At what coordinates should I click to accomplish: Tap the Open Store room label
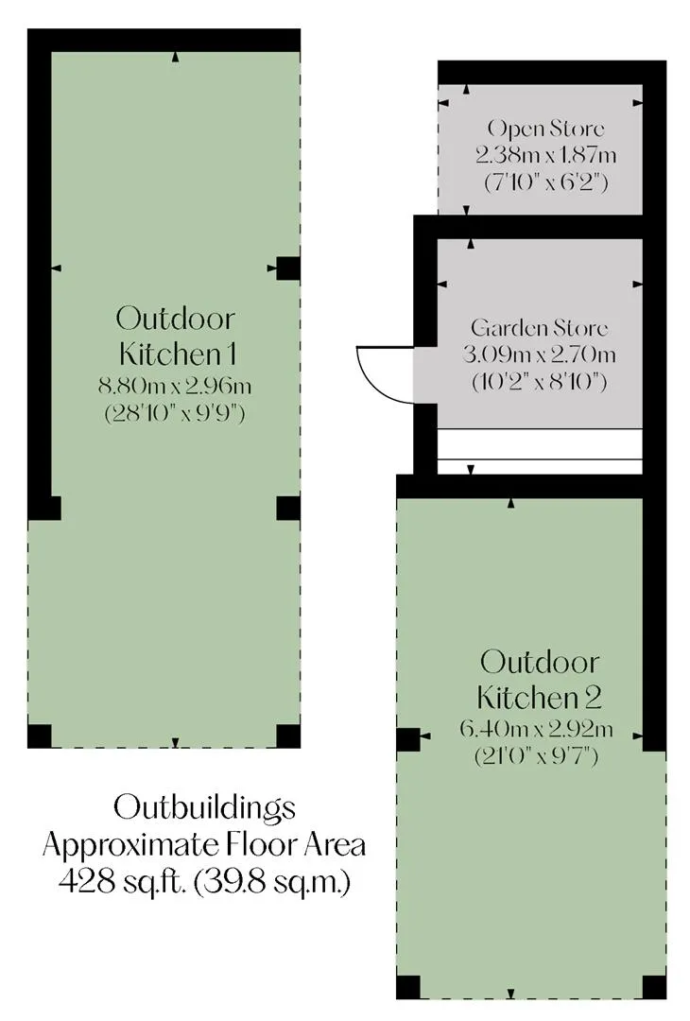(x=545, y=129)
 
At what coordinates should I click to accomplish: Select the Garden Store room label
(x=540, y=327)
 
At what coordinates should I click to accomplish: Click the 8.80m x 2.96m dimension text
(x=175, y=386)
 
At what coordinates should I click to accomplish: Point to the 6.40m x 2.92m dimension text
(x=536, y=729)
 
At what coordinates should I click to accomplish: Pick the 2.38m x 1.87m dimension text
(x=545, y=155)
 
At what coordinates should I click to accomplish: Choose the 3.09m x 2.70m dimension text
(x=540, y=355)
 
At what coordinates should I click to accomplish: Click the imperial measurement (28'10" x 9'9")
(x=175, y=413)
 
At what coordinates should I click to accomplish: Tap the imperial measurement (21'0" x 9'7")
(x=536, y=756)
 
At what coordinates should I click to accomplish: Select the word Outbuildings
(x=204, y=808)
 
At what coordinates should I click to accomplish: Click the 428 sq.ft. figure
(x=124, y=883)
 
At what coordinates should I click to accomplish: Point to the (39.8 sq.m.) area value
(x=272, y=883)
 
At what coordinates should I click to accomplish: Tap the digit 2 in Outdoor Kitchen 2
(x=593, y=698)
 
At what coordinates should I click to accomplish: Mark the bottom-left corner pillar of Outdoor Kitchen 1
(x=40, y=735)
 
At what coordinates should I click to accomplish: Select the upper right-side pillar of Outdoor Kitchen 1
(x=288, y=268)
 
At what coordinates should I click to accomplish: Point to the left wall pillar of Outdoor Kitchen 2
(x=408, y=739)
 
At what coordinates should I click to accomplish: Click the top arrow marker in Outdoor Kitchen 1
(x=175, y=58)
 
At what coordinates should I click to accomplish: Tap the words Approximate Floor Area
(x=204, y=846)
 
